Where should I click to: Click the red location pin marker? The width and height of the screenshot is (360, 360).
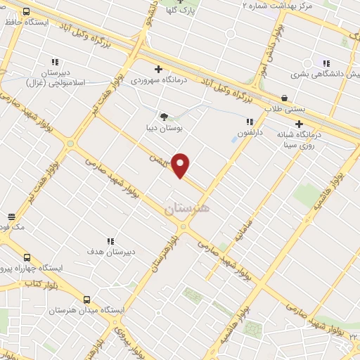181,165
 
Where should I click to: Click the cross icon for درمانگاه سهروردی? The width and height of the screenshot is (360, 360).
159,69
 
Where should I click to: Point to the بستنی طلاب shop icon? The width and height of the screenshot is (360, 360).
284,98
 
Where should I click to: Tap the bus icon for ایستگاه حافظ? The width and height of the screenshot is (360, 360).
27,12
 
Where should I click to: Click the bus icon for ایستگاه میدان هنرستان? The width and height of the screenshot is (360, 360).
86,299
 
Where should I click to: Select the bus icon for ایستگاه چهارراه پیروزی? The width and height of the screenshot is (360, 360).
27,257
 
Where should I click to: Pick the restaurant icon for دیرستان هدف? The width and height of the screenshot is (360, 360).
109,240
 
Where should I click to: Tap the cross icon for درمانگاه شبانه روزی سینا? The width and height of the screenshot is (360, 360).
299,124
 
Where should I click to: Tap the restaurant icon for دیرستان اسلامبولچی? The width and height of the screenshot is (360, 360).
55,62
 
